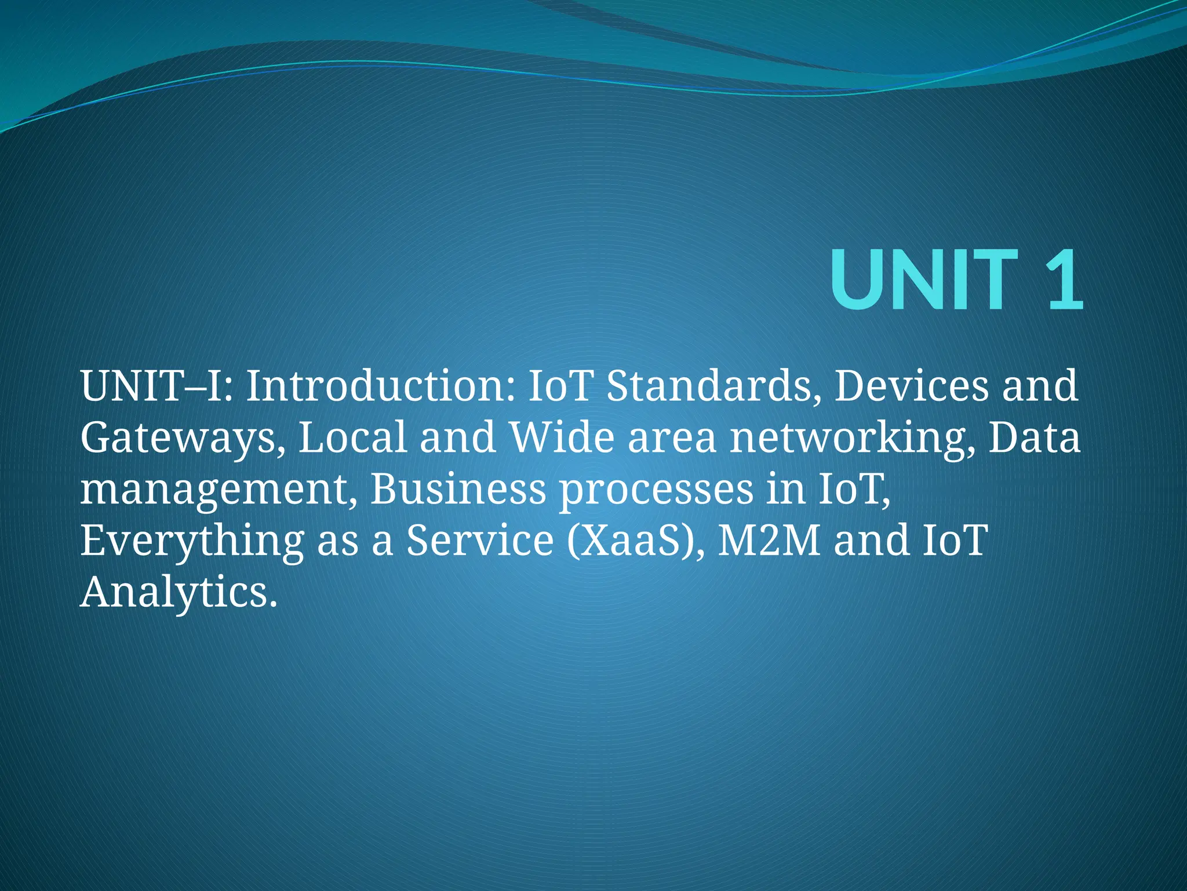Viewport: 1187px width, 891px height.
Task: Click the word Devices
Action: (911, 386)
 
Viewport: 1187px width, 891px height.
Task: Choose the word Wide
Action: (561, 438)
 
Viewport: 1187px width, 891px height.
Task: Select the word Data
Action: (1034, 438)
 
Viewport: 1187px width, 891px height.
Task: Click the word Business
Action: (458, 489)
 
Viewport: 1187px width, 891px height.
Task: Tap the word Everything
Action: (192, 541)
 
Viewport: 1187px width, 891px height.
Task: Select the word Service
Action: (480, 540)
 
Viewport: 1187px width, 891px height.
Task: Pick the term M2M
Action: (769, 540)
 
